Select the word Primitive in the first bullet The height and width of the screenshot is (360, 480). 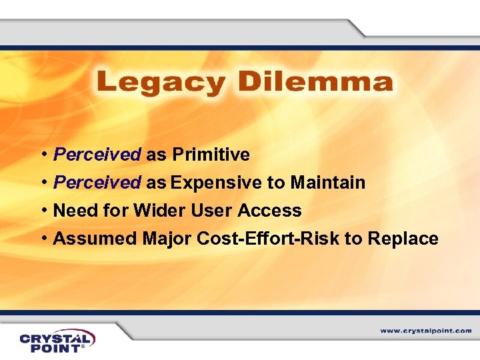[x=211, y=155]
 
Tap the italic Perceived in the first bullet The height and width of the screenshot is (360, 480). [x=97, y=155]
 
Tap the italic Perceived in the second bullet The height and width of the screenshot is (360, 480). [x=97, y=183]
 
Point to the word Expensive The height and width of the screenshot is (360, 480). [x=219, y=183]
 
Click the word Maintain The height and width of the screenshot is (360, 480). [x=327, y=183]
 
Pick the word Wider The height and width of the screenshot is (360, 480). [x=160, y=211]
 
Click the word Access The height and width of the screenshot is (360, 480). [x=270, y=211]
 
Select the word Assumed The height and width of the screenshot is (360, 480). [x=95, y=239]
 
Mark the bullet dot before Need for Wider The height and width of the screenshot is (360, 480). [x=43, y=211]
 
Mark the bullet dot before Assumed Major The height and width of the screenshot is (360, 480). [x=43, y=239]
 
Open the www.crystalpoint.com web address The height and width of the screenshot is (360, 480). [x=426, y=331]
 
